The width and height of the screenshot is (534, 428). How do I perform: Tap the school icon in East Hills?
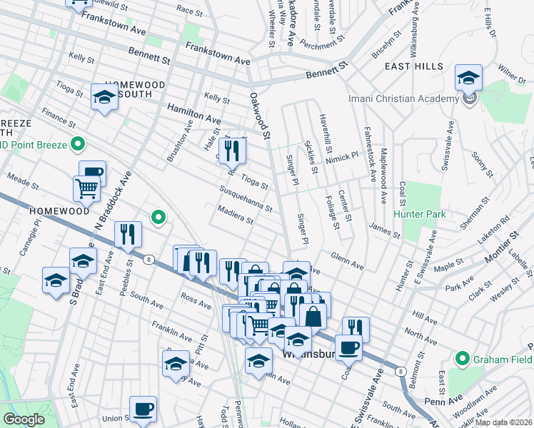[468, 78]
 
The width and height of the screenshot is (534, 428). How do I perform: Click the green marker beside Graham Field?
[462, 359]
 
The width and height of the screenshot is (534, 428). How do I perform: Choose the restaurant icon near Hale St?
[232, 150]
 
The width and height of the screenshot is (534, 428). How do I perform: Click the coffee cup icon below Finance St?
[92, 173]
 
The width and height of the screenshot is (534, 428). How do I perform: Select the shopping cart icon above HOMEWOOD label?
[86, 189]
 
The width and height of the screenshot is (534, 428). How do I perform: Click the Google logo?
[24, 419]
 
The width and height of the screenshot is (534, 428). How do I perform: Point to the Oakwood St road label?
[261, 114]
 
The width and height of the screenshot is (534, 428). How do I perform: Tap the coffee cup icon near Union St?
[143, 409]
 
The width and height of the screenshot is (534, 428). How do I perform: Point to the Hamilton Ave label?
[193, 113]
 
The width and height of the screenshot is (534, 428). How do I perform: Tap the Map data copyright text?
[503, 422]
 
